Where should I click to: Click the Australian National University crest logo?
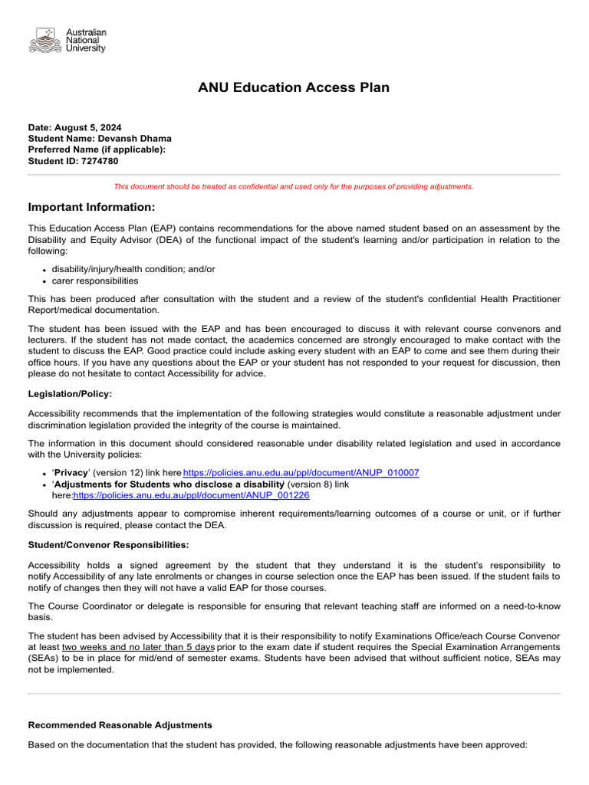(x=44, y=40)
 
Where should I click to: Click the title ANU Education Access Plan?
(x=294, y=87)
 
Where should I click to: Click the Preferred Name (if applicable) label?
(x=97, y=150)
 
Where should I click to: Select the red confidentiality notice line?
(x=294, y=186)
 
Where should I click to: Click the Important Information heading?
(x=91, y=208)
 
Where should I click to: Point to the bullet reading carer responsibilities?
(x=95, y=281)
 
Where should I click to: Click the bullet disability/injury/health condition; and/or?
(x=133, y=269)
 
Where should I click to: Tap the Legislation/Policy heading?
(x=70, y=394)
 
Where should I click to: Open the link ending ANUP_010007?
(x=301, y=473)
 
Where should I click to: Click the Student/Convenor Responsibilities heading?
(x=108, y=545)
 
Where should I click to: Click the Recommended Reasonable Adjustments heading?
(x=120, y=725)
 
